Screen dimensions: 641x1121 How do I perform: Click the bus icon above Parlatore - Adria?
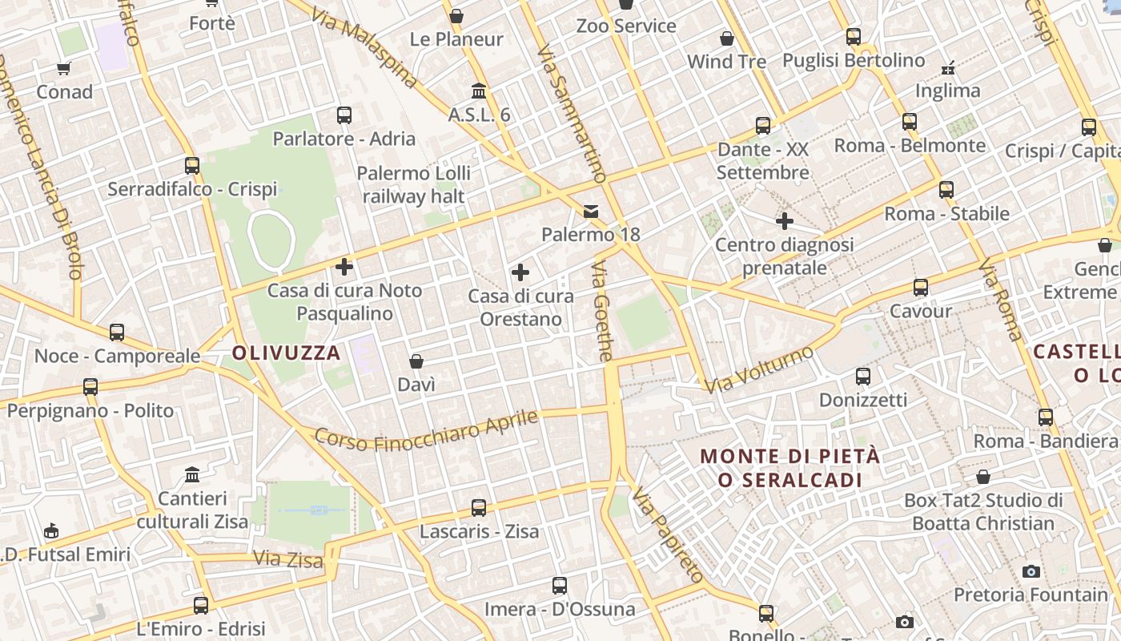[344, 115]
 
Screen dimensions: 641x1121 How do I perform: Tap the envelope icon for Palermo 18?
[591, 212]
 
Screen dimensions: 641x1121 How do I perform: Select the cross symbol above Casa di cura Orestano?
[520, 273]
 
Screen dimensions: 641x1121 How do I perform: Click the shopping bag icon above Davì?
[416, 361]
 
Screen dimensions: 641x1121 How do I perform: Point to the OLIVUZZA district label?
[287, 353]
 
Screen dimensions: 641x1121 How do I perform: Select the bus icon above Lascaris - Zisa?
[479, 507]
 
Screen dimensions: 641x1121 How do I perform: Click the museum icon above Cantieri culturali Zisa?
[192, 475]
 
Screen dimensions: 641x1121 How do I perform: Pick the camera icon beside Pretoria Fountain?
[1031, 571]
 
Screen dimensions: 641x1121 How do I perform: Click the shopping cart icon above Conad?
[64, 68]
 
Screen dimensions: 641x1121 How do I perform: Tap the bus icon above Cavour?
[921, 288]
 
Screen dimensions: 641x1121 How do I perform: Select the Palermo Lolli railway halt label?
[414, 184]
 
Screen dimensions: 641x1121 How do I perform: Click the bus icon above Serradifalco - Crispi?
[192, 166]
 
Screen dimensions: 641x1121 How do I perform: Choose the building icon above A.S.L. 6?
[479, 91]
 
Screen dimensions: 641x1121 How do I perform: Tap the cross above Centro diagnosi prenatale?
[785, 221]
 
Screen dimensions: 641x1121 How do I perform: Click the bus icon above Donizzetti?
[863, 377]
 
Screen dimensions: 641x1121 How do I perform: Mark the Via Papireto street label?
[667, 534]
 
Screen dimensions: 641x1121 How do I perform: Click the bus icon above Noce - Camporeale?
[117, 333]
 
